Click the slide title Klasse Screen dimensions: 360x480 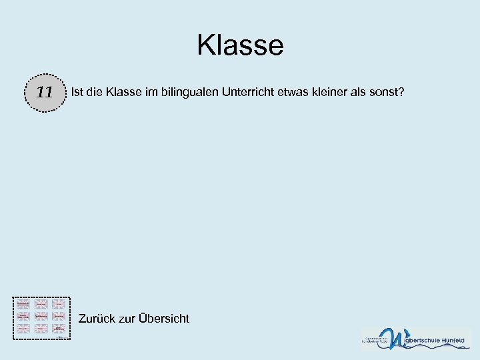[240, 45]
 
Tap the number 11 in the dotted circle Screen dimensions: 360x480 [45, 92]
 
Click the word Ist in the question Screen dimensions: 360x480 [77, 91]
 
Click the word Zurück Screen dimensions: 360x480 [97, 319]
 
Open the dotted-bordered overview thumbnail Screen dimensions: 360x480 [41, 317]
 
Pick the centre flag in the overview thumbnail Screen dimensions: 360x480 [41, 316]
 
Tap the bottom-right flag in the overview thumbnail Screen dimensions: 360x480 [59, 329]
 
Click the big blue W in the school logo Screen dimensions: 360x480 [392, 339]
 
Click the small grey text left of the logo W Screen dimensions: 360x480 [374, 339]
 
